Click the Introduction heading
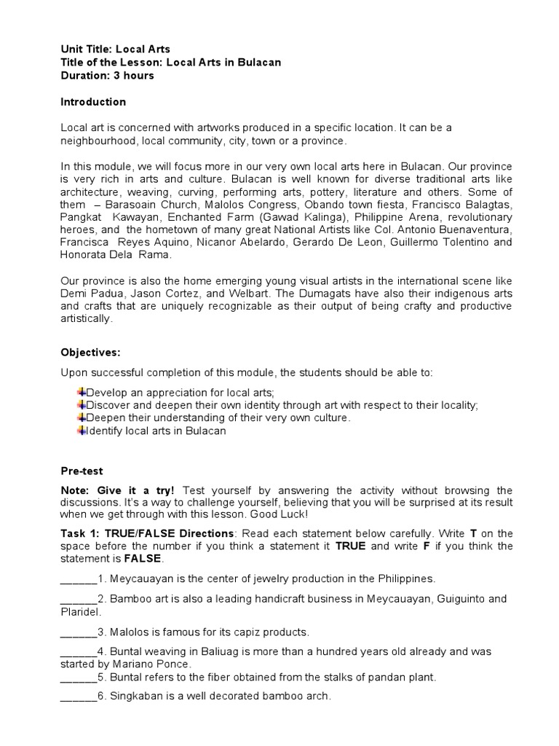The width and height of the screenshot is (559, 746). coord(92,102)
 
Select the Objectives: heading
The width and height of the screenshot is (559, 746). coord(90,353)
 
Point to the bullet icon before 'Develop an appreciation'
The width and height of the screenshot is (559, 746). coord(82,393)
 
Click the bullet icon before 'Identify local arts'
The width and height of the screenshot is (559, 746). coord(82,431)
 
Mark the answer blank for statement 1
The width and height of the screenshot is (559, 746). coord(78,579)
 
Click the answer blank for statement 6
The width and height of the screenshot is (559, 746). coord(78,696)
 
